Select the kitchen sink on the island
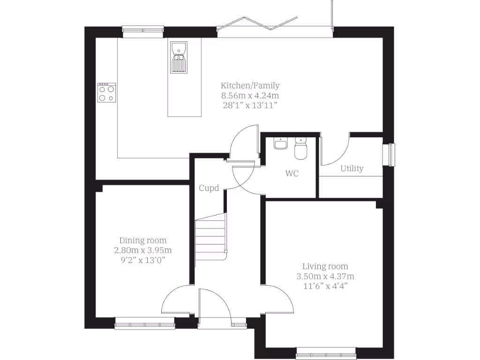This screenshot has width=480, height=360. coord(179,57)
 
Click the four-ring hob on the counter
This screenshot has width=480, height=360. coord(106,92)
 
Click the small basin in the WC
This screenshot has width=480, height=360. coord(281,143)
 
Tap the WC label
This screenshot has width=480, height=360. coord(292,173)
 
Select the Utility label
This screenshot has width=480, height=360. coord(352,168)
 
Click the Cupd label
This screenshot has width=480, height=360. coord(209,188)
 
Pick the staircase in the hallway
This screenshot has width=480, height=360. coord(211,237)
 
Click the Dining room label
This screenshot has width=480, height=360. coord(142,240)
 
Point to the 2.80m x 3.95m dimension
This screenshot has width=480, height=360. coord(142,250)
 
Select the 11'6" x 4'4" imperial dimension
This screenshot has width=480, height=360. coord(325,285)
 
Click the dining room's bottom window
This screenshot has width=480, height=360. coord(145,322)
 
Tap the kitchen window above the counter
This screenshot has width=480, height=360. coord(143,31)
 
